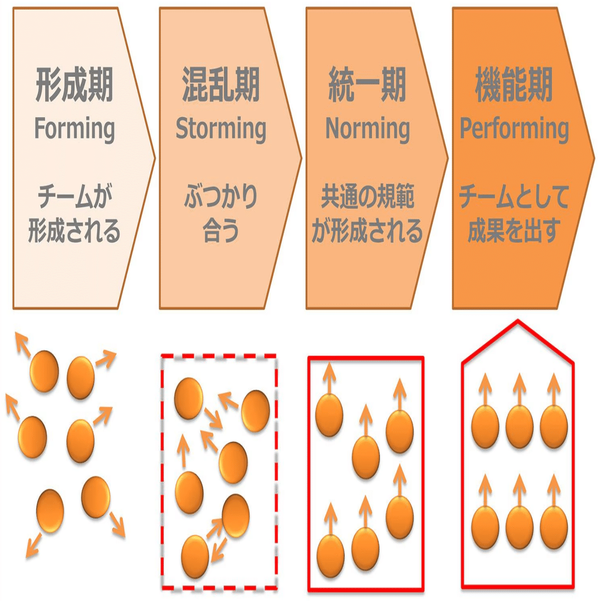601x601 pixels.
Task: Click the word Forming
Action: pos(74,129)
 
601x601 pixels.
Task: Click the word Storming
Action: pos(221,129)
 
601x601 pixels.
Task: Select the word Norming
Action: pos(367,129)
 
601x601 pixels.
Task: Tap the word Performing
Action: pos(514,129)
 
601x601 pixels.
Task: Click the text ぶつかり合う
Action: pos(221,214)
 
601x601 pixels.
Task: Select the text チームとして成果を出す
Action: pos(514,214)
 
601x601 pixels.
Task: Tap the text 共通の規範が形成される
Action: pos(367,214)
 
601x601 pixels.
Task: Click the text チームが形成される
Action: pos(74,214)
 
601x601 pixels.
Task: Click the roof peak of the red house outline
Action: pos(518,321)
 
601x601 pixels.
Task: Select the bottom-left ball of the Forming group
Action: pos(50,511)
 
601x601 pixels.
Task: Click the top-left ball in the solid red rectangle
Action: pos(329,415)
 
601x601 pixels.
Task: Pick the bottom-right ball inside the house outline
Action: pos(554,528)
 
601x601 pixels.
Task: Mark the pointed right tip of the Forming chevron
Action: pos(155,158)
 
